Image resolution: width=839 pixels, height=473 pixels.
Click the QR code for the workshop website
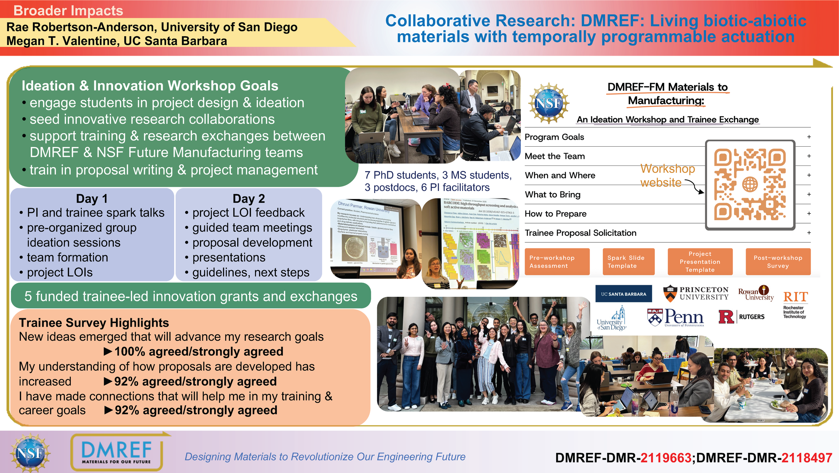pos(750,185)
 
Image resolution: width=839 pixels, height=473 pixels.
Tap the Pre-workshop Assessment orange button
pos(557,262)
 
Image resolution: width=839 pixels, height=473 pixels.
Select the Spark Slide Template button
pos(628,262)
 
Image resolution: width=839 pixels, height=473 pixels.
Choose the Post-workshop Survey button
pos(778,262)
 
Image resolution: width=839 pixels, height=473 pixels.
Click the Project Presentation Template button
pos(700,262)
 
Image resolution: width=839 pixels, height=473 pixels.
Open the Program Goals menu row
pos(554,137)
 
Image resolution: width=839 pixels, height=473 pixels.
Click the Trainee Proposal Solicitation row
pos(580,233)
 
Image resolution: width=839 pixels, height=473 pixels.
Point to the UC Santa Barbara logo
pos(623,294)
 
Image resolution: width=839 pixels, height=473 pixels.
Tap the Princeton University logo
pos(696,293)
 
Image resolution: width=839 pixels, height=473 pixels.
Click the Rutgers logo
pos(741,317)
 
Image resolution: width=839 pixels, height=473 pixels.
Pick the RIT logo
pos(795,304)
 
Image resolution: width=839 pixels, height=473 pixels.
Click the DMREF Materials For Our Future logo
pos(116,452)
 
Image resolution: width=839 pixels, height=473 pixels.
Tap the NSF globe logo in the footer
pos(30,453)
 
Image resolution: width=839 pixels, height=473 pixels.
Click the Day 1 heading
pos(92,198)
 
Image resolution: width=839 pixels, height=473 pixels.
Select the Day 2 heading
pos(249,198)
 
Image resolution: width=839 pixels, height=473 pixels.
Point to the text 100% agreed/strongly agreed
pos(199,351)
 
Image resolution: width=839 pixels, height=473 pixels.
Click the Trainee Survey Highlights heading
pos(94,323)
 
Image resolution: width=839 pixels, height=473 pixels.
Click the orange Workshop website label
pos(667,175)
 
